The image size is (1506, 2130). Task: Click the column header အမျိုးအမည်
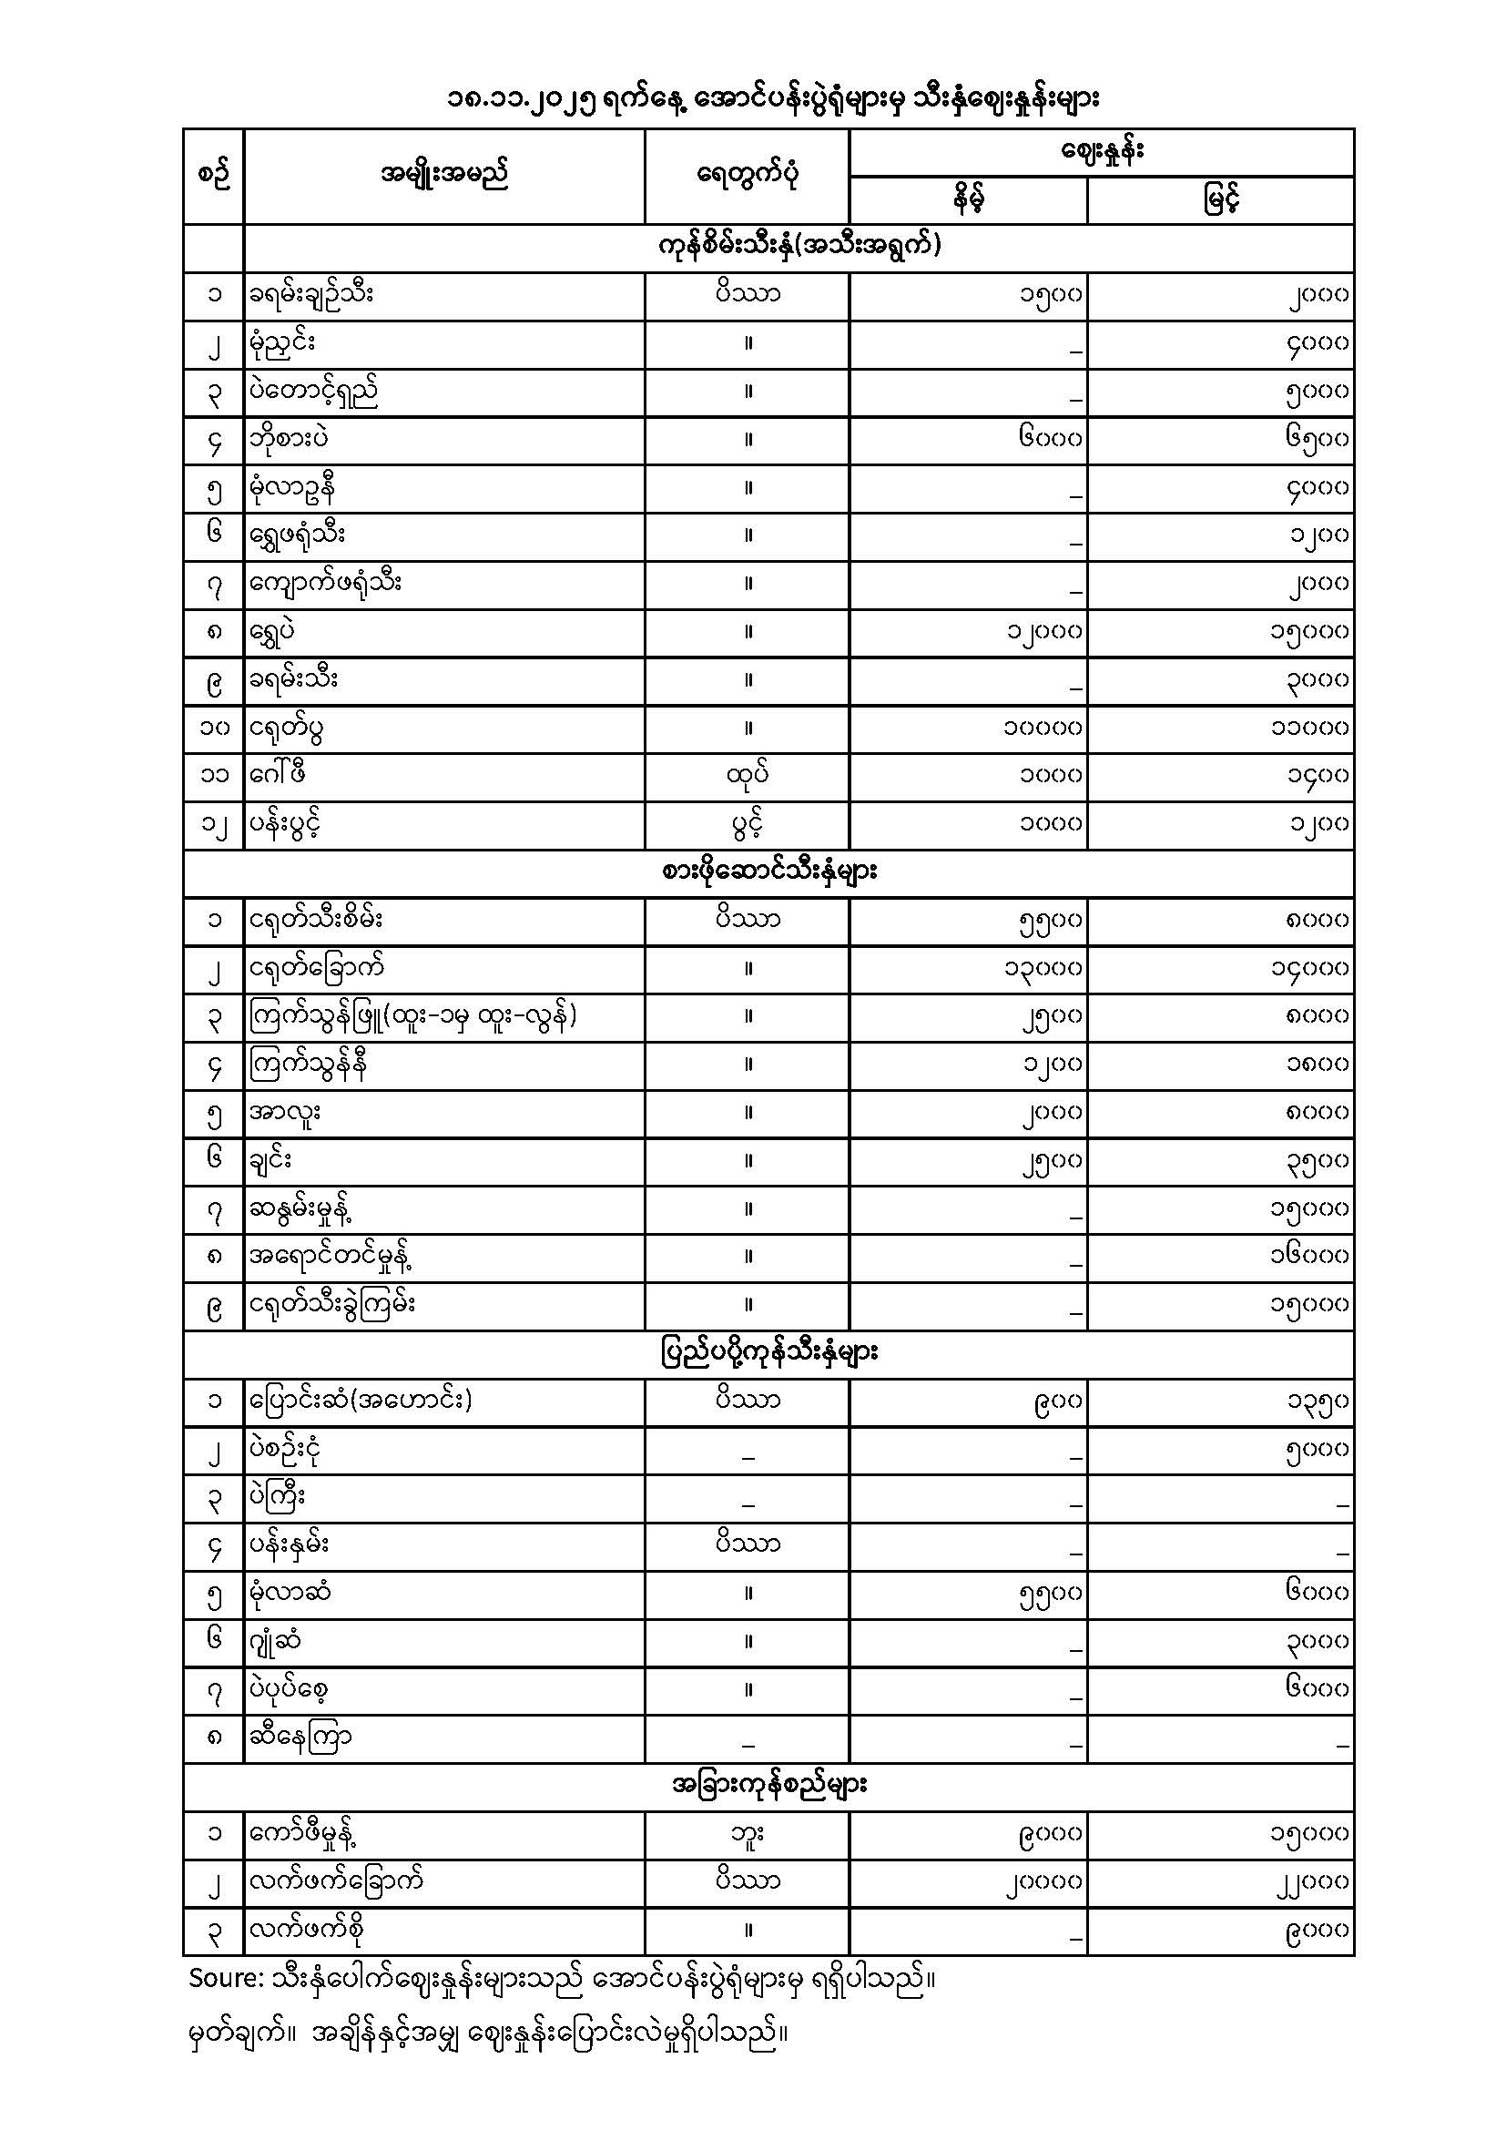tap(444, 175)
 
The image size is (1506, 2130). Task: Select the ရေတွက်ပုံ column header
tap(748, 175)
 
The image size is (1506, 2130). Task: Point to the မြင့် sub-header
tap(1220, 199)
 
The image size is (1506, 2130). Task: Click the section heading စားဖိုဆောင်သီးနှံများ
tap(768, 872)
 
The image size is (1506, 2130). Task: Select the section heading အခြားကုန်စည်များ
tap(768, 1786)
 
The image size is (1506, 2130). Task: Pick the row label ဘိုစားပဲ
tap(289, 439)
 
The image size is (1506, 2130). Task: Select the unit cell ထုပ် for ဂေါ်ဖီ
tap(748, 776)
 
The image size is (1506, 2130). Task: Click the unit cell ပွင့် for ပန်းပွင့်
tap(748, 824)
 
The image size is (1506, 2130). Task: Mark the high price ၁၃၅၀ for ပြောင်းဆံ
tap(1317, 1401)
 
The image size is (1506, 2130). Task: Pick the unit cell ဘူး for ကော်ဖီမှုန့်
tap(748, 1834)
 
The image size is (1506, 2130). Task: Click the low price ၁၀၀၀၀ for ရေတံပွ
tap(1043, 729)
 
